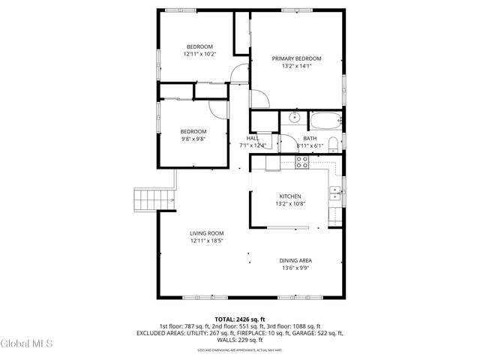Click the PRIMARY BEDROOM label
pos(296,58)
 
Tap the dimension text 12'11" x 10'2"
pos(199,54)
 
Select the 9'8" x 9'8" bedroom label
pos(193,139)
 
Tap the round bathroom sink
pos(294,118)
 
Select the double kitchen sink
pos(334,194)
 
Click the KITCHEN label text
pos(289,196)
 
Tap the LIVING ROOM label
pos(206,233)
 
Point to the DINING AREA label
pos(296,260)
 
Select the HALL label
pos(253,138)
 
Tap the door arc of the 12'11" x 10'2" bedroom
pos(238,73)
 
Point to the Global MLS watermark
pos(27,343)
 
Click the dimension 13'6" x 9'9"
pos(296,268)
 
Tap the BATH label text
pos(310,138)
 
